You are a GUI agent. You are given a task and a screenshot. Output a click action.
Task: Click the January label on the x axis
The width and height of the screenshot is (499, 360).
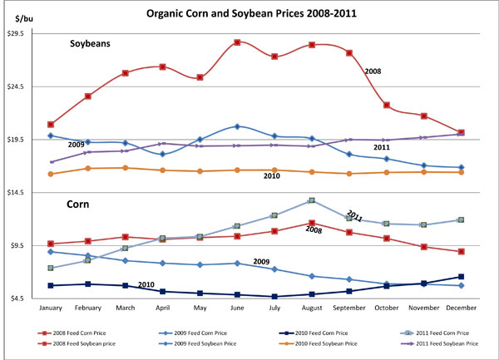click(x=51, y=309)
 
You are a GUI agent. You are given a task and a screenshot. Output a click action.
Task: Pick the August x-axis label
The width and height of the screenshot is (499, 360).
click(x=312, y=309)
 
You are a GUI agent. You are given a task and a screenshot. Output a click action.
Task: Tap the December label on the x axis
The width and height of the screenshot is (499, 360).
click(x=462, y=309)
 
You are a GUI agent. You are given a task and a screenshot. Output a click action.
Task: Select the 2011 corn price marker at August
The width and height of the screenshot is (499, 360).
click(x=312, y=200)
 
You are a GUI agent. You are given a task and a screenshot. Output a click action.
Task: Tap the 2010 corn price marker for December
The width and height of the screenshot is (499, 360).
click(x=462, y=277)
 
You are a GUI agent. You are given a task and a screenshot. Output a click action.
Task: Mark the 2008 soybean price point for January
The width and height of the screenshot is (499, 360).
click(x=51, y=124)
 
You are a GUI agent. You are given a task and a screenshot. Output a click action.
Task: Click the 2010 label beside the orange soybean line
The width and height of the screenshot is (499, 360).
click(x=271, y=176)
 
